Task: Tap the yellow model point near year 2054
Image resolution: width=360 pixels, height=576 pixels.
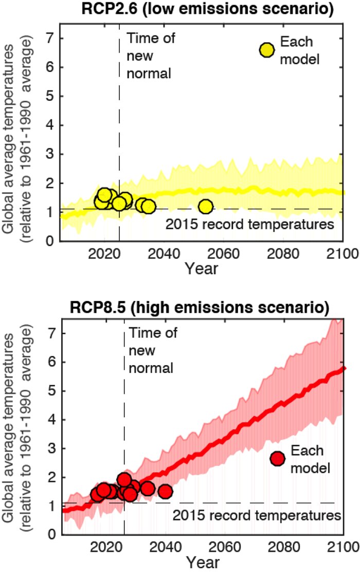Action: (206, 207)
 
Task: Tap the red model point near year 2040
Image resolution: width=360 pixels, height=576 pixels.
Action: (165, 492)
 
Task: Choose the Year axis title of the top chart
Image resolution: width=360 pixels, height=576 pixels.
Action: (202, 268)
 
